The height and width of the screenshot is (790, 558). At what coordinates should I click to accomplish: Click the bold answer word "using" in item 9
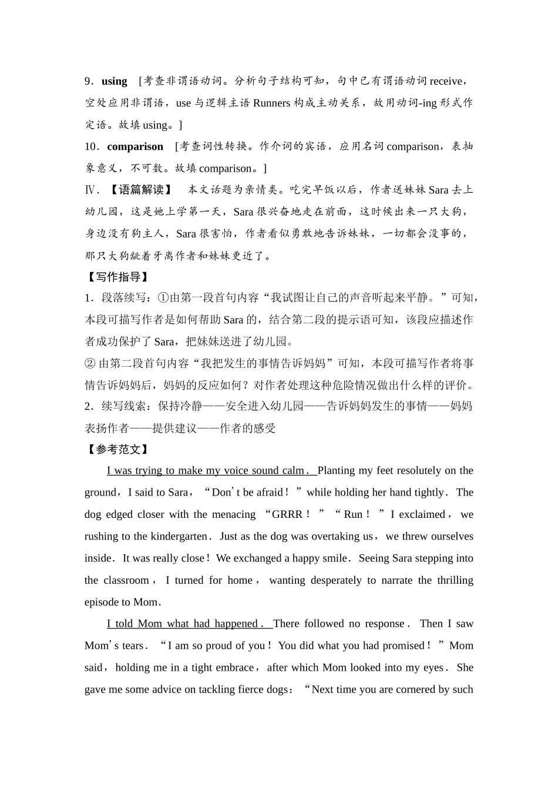(x=114, y=81)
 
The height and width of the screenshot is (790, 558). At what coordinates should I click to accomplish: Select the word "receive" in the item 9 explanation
(x=446, y=81)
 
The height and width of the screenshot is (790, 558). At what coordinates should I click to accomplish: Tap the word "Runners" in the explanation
(x=271, y=103)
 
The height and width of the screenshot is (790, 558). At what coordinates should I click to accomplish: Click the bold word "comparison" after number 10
(x=135, y=146)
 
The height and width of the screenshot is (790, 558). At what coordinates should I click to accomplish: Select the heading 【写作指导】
(x=117, y=277)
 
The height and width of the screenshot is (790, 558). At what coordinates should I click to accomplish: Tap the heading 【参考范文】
(x=117, y=449)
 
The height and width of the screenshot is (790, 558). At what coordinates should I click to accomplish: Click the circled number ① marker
(x=164, y=298)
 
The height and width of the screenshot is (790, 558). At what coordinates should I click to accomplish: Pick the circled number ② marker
(x=90, y=363)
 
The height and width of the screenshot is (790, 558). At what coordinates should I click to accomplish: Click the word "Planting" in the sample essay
(x=336, y=470)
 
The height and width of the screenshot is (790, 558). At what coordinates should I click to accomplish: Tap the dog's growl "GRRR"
(x=287, y=514)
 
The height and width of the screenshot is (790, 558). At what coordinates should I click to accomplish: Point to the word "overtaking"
(x=335, y=536)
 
